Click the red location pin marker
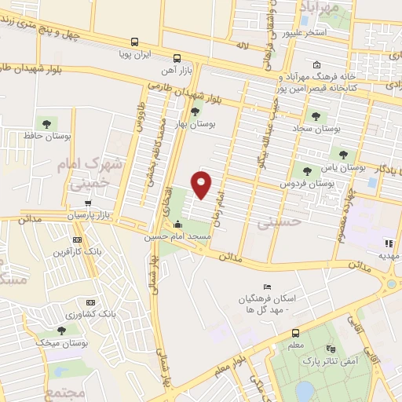(202, 183)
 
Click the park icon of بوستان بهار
(195, 111)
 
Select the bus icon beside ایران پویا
(135, 42)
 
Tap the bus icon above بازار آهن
(177, 57)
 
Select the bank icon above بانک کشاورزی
(91, 302)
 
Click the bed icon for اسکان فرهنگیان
(267, 286)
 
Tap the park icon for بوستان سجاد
(316, 115)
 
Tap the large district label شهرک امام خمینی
(82, 174)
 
